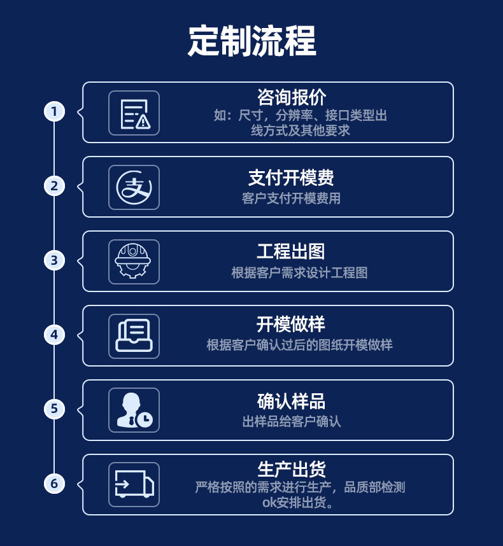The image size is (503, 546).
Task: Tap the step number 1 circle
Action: (x=54, y=111)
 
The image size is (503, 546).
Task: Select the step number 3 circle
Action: (x=54, y=260)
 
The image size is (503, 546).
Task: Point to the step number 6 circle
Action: (x=54, y=484)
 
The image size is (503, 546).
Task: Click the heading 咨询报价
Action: (x=292, y=97)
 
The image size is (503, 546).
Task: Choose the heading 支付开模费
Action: (x=291, y=177)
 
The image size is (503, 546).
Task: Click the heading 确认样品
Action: (x=291, y=401)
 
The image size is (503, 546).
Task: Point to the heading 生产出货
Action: (x=292, y=469)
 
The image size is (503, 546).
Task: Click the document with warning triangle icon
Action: (x=134, y=113)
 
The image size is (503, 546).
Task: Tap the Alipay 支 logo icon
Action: (x=134, y=187)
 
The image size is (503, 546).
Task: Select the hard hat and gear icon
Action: (x=134, y=262)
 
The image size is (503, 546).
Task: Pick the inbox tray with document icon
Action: (x=134, y=336)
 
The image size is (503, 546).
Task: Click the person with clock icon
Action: (x=134, y=410)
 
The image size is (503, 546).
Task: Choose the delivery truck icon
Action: (x=134, y=484)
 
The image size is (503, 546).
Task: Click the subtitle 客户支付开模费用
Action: (x=291, y=199)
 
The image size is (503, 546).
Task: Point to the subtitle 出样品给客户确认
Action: (x=292, y=421)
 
